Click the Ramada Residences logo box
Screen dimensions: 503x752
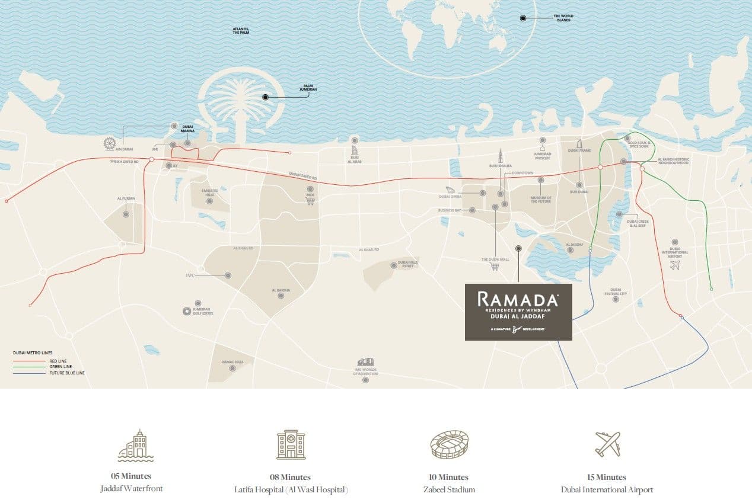click(518, 312)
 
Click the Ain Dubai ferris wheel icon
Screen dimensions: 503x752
click(109, 143)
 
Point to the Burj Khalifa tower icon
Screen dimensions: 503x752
click(500, 155)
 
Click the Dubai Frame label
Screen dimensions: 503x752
click(579, 150)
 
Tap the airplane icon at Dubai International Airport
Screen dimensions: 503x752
click(674, 265)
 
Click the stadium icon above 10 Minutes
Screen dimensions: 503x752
click(449, 444)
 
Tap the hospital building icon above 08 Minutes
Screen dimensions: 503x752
click(291, 444)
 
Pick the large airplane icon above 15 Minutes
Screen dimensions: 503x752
click(607, 444)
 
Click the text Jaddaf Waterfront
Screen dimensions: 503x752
click(131, 489)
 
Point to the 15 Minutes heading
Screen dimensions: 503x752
click(607, 477)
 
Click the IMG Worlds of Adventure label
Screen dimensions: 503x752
click(365, 371)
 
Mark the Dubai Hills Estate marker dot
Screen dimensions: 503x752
click(394, 265)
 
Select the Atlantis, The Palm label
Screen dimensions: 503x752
click(241, 31)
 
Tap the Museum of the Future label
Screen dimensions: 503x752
click(540, 200)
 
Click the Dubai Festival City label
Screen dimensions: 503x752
click(615, 291)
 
